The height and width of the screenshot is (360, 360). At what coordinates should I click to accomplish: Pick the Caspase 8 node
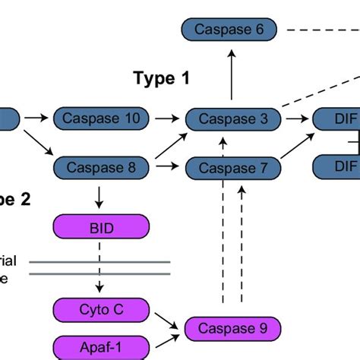(x=102, y=166)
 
